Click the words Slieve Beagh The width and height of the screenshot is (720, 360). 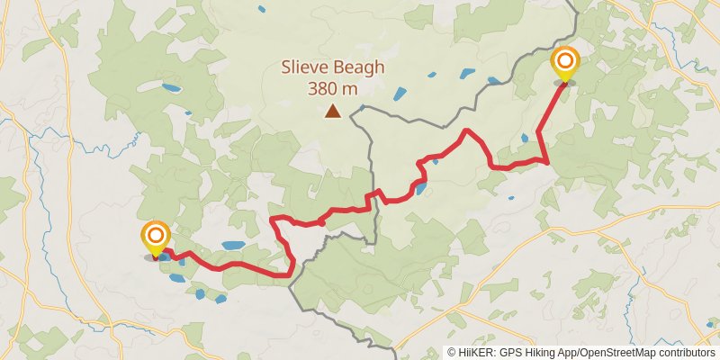[333, 67]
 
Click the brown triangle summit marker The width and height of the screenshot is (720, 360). [333, 112]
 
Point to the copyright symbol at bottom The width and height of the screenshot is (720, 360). [452, 353]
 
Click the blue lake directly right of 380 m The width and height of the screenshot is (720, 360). [400, 92]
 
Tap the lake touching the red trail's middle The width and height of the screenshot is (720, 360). [418, 188]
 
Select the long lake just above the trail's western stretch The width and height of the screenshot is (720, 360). [232, 245]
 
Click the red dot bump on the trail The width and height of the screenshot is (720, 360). [320, 221]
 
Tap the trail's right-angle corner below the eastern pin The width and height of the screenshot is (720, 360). [547, 161]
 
